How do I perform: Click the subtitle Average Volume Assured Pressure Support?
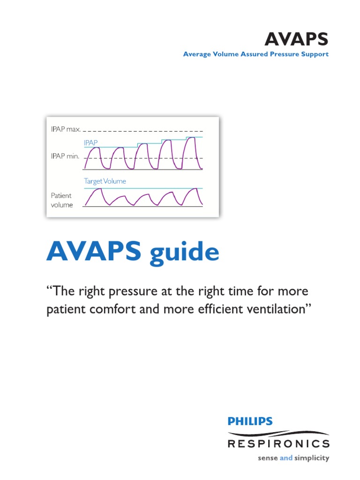coord(255,54)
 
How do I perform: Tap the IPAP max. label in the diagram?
coord(66,129)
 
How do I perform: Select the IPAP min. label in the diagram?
coord(65,157)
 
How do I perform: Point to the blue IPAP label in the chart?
coord(91,142)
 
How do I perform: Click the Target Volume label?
coord(105,181)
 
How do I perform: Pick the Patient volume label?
coord(61,200)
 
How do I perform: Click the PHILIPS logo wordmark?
coord(250,421)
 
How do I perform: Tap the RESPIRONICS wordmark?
coord(278,443)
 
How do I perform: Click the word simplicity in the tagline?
coord(312,458)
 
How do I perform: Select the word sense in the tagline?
coord(268,458)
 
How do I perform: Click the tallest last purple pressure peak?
coord(192,140)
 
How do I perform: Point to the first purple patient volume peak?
coord(97,190)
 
